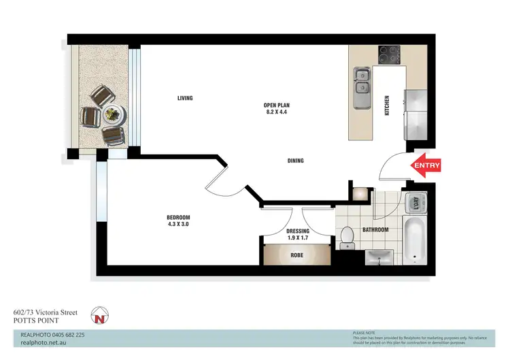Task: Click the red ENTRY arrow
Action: (x=426, y=165)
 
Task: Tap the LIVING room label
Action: (x=185, y=98)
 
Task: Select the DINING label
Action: (x=294, y=161)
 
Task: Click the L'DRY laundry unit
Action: (x=413, y=203)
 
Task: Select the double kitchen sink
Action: (x=362, y=80)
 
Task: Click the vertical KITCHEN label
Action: (x=386, y=106)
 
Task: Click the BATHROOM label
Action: (x=375, y=230)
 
